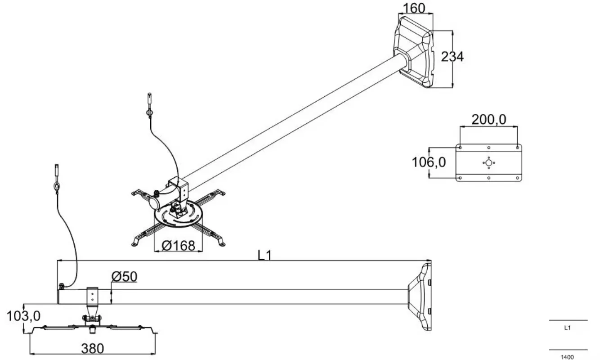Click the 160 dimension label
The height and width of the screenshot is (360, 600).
click(x=414, y=8)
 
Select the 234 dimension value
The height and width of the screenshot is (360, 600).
click(x=452, y=57)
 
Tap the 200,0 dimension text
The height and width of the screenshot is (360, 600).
click(x=489, y=120)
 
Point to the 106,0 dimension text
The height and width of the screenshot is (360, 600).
click(x=429, y=162)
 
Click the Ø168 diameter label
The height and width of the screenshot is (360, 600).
click(x=179, y=246)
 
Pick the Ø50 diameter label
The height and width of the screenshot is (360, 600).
click(x=124, y=276)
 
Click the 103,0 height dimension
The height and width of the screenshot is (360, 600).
click(x=23, y=316)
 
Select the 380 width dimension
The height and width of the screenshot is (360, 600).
click(x=92, y=349)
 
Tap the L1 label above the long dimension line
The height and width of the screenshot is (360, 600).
click(x=264, y=255)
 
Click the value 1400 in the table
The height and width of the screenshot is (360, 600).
click(x=567, y=357)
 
